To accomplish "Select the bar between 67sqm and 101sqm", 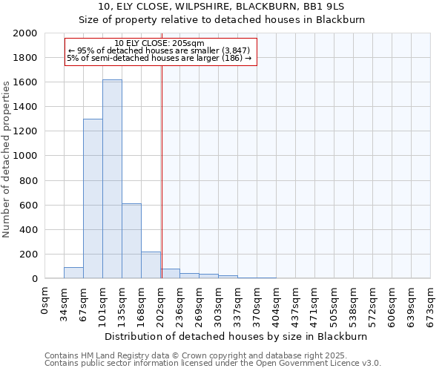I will tap(93, 198).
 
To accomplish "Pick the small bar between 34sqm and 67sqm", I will tap(73, 272).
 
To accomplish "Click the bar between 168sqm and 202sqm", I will tap(151, 265).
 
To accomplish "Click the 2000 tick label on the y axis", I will tap(25, 33).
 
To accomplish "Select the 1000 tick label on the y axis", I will tap(25, 157).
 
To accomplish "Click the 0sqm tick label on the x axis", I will tap(45, 302).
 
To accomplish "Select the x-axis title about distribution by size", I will tap(237, 336).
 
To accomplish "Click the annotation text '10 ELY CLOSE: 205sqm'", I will tap(160, 43).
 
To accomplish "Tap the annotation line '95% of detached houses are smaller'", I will tap(160, 50).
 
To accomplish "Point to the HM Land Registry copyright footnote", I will tap(212, 355).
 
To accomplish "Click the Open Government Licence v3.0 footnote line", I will tap(212, 363).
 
